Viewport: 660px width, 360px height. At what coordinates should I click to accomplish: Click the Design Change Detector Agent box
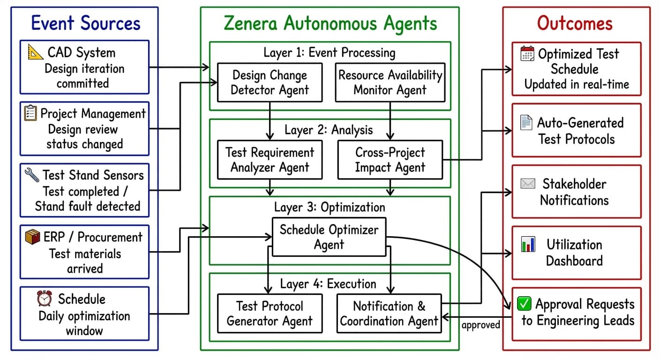(x=270, y=82)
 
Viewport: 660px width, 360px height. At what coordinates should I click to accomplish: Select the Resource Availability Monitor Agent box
(x=390, y=82)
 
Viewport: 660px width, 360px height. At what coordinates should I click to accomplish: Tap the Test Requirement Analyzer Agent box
(x=270, y=160)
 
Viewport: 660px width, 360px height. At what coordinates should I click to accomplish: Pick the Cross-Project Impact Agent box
(x=390, y=160)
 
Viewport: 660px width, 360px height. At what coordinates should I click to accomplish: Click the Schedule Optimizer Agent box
(x=329, y=237)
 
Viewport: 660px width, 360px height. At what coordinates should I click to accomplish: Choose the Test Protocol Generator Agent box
(x=270, y=314)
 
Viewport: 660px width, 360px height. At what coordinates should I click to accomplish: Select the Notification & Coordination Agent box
(x=389, y=314)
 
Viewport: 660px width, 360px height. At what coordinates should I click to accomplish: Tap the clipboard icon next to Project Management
(x=30, y=113)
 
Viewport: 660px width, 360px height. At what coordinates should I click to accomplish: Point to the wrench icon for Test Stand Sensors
(x=32, y=175)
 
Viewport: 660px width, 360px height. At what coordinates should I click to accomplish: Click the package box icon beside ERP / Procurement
(x=32, y=237)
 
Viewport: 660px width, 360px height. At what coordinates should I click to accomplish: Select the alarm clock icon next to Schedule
(x=45, y=298)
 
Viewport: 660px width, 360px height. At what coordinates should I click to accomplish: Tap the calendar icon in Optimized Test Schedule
(x=527, y=53)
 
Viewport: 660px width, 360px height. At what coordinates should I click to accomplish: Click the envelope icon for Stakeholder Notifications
(x=528, y=184)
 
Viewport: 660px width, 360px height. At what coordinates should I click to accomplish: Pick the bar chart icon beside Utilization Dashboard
(x=528, y=244)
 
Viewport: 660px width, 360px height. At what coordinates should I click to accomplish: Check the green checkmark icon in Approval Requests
(x=524, y=304)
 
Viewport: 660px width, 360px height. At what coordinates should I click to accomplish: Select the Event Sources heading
(x=85, y=23)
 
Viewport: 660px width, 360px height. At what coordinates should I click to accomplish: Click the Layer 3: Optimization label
(x=330, y=207)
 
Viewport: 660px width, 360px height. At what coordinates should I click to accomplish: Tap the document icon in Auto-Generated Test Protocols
(x=526, y=123)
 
